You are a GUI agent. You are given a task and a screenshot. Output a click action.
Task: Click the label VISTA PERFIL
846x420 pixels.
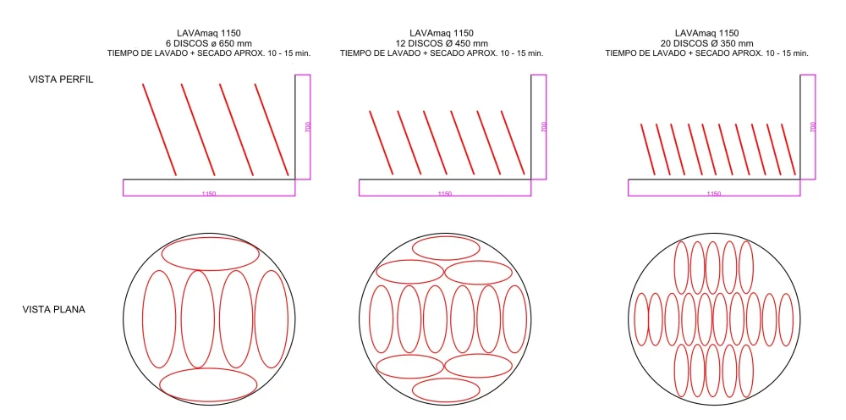[x=61, y=80]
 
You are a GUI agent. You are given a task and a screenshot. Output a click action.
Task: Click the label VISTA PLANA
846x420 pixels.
[x=54, y=310]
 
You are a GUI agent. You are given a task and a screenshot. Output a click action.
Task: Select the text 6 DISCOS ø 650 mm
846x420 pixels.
[x=209, y=43]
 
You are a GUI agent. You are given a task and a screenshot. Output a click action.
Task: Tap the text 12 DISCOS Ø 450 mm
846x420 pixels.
[x=442, y=43]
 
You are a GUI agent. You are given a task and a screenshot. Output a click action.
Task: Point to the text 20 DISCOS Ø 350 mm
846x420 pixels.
[x=706, y=43]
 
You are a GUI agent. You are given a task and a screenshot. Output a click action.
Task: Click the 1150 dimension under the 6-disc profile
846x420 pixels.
[x=209, y=194]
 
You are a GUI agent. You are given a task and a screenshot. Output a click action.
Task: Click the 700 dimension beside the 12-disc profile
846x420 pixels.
[x=543, y=127]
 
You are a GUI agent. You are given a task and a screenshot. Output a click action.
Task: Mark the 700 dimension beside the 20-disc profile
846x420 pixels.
[x=812, y=127]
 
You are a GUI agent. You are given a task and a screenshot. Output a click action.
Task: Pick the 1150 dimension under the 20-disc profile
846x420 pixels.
[x=713, y=194]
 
